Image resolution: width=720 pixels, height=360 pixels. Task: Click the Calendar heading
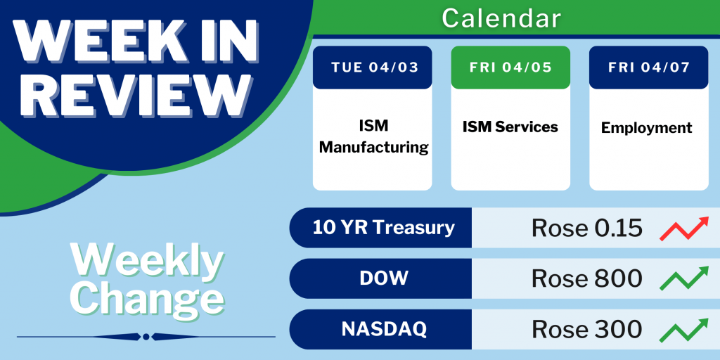(501, 18)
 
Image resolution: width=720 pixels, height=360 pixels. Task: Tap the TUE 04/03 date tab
(373, 67)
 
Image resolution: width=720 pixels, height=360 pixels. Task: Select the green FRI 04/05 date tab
(510, 67)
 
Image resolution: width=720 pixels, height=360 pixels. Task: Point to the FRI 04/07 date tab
(649, 67)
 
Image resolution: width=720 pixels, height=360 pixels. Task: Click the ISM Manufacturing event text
(374, 136)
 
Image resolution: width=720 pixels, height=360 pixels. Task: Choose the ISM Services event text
(510, 127)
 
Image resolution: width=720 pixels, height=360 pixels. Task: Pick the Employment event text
(647, 128)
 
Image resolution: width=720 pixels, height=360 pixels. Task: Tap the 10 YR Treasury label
(384, 227)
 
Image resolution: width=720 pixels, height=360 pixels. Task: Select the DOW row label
(384, 278)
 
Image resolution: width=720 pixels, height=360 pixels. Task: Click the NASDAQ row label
(384, 329)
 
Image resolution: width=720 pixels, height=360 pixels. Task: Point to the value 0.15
(617, 228)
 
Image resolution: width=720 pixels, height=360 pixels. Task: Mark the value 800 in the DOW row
(617, 278)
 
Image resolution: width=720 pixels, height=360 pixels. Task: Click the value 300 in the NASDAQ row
(617, 329)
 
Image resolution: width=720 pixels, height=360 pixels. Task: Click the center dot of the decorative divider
(146, 337)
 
